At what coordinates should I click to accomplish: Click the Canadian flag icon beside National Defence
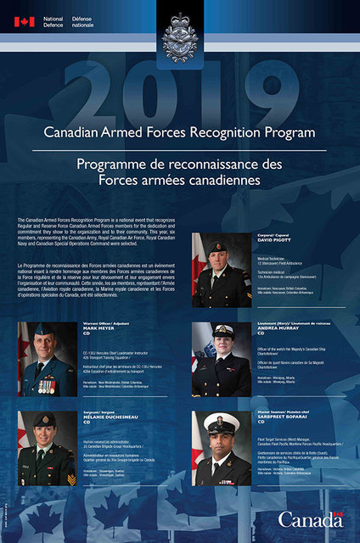(23, 21)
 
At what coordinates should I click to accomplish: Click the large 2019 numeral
(180, 88)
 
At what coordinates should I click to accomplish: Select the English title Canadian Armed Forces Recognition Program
(180, 133)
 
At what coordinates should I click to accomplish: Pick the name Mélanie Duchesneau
(104, 418)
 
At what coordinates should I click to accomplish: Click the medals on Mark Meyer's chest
(47, 385)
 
